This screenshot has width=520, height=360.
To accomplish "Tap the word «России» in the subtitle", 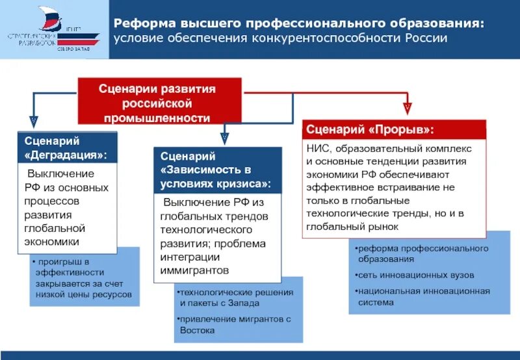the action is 426,38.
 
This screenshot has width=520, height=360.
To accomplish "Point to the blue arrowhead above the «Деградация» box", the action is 34,122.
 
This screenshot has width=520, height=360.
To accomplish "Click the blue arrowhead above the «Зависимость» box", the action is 224,137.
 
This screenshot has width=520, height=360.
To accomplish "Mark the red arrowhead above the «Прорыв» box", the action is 408,106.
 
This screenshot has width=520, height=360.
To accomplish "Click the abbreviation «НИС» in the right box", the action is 318,149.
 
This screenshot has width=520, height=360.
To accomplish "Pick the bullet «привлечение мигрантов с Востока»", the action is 235,324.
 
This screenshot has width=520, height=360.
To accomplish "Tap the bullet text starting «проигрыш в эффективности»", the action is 82,277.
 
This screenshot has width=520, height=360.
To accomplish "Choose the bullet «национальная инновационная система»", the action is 422,296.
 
